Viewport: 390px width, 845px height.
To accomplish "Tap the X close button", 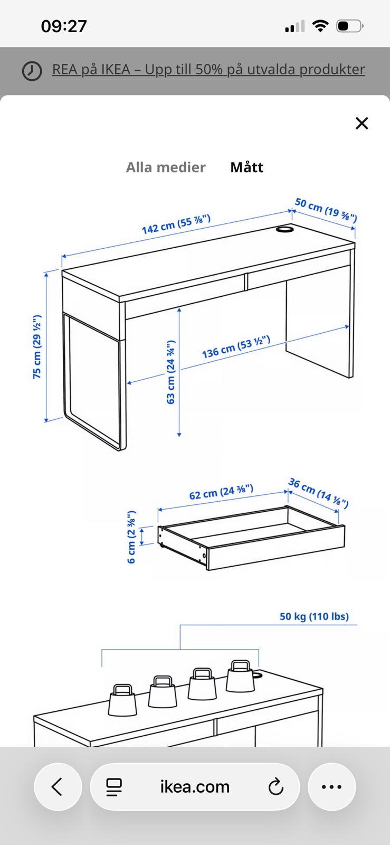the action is [x=362, y=124].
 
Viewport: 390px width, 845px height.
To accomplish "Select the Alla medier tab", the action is [x=166, y=167].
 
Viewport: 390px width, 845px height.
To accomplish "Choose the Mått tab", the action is [x=247, y=167].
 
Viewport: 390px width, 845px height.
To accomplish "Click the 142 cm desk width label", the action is [x=176, y=224].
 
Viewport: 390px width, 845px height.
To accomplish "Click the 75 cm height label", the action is [x=37, y=346].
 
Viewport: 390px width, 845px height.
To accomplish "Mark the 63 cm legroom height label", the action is [x=170, y=372].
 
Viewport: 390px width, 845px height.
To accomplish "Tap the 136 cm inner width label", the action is [x=236, y=346].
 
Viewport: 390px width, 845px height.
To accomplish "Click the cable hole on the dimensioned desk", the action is [x=284, y=229].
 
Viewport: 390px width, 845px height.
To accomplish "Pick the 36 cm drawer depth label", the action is [x=318, y=493].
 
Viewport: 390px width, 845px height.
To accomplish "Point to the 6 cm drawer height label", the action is [x=131, y=537].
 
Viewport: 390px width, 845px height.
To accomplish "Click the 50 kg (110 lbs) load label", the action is [x=314, y=616].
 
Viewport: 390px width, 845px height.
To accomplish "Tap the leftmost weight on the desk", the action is [x=122, y=700].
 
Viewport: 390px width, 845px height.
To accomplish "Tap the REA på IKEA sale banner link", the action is [x=208, y=69].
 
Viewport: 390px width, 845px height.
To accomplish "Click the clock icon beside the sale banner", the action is [x=32, y=71].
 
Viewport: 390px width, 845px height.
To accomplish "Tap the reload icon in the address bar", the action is [x=276, y=786].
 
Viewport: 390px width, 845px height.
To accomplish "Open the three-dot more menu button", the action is [x=331, y=786].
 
